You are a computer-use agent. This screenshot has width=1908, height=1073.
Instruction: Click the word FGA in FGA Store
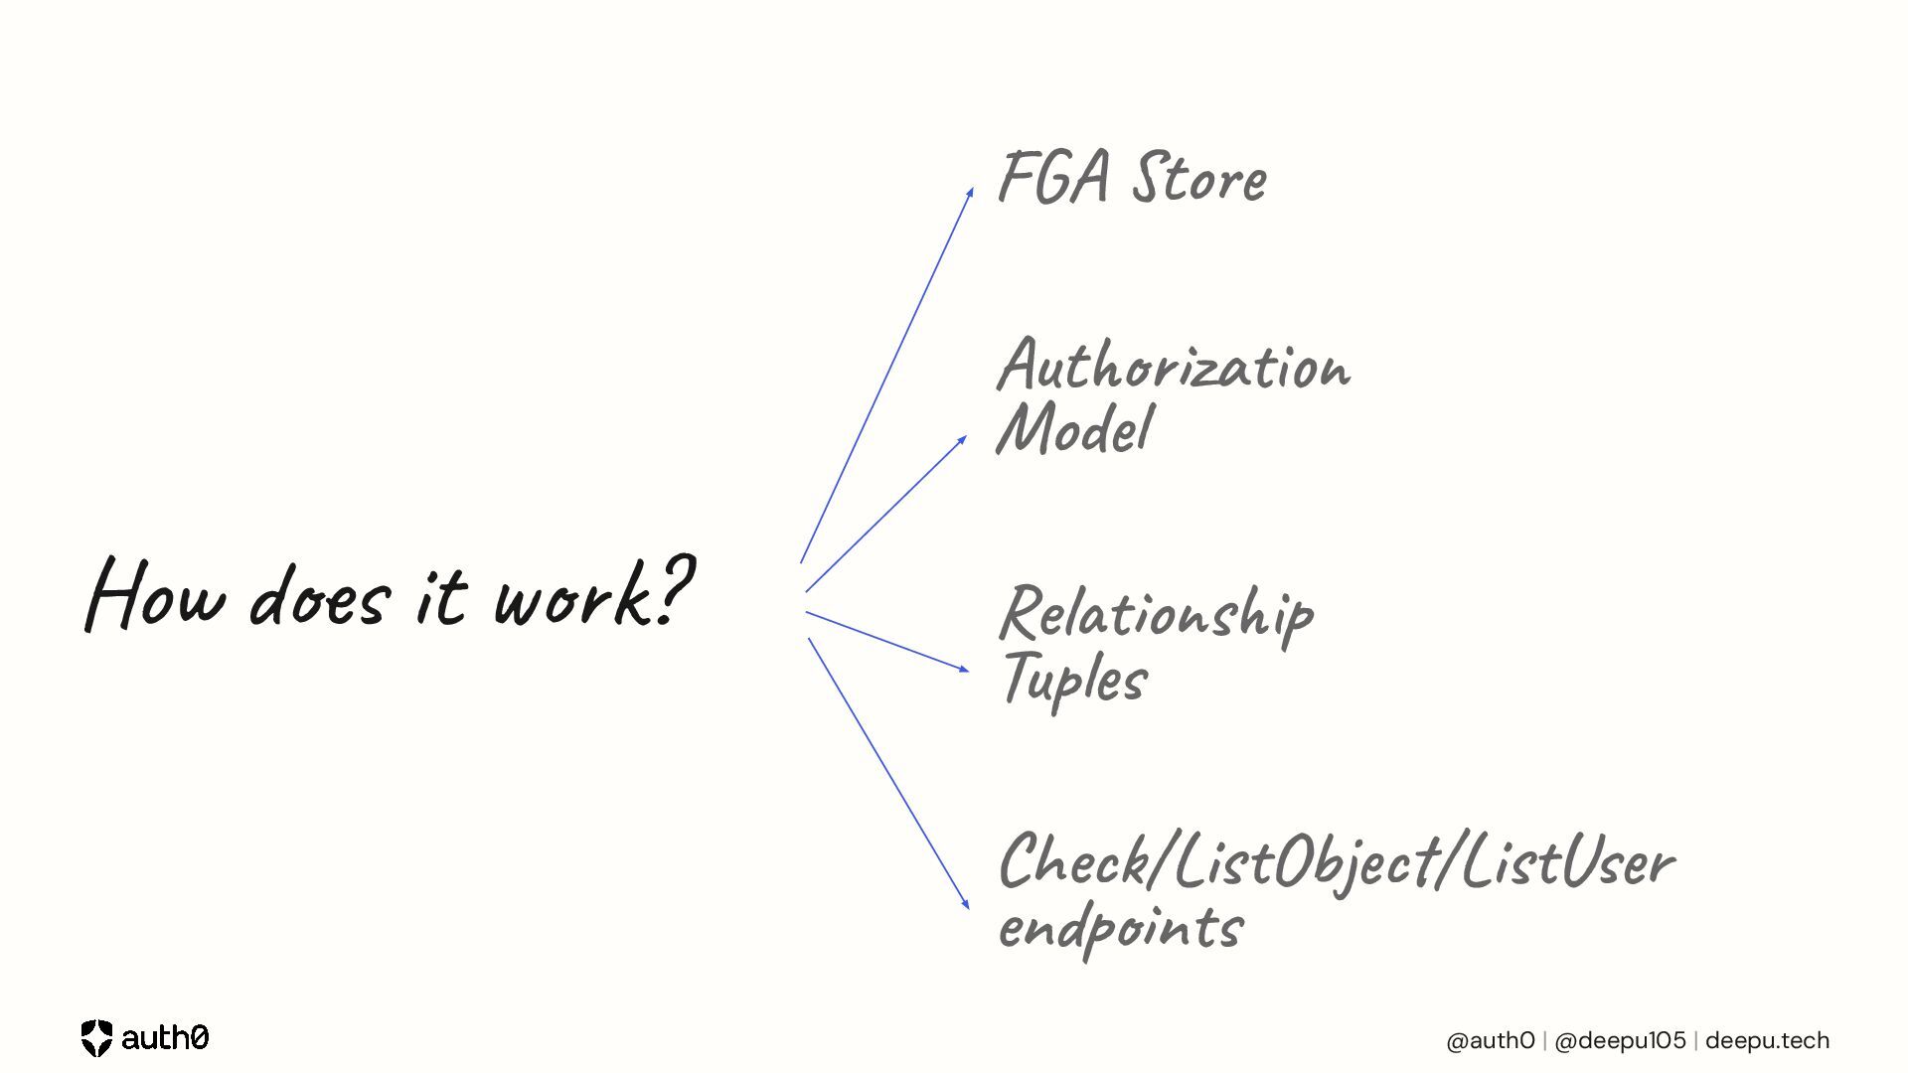click(x=1053, y=179)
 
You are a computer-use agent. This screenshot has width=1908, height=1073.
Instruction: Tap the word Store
click(x=1200, y=179)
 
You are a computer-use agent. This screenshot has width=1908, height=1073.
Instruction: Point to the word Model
click(x=1075, y=429)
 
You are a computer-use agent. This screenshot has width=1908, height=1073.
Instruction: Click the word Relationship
click(x=1157, y=614)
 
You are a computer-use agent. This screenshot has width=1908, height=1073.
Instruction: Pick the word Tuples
click(x=1075, y=680)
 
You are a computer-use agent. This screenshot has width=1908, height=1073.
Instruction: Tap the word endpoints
click(x=1121, y=928)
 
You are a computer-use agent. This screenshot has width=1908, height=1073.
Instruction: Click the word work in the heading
click(x=572, y=596)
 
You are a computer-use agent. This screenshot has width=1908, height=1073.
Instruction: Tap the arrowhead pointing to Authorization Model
click(x=962, y=439)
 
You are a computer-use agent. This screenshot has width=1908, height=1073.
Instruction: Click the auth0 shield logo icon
click(x=96, y=1038)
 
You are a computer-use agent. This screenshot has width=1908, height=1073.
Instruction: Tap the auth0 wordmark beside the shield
click(x=165, y=1038)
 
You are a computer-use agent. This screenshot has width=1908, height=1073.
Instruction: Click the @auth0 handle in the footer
click(x=1491, y=1040)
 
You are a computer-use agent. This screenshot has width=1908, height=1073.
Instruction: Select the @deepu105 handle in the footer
click(x=1620, y=1040)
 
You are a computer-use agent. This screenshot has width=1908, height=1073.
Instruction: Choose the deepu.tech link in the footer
click(x=1767, y=1040)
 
